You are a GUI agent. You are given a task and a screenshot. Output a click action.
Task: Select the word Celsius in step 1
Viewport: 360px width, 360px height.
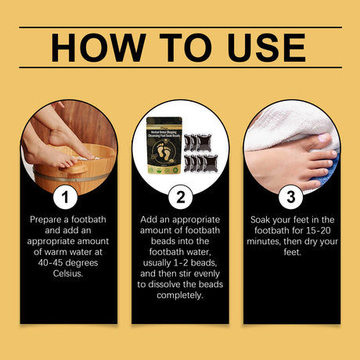point(69,275)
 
